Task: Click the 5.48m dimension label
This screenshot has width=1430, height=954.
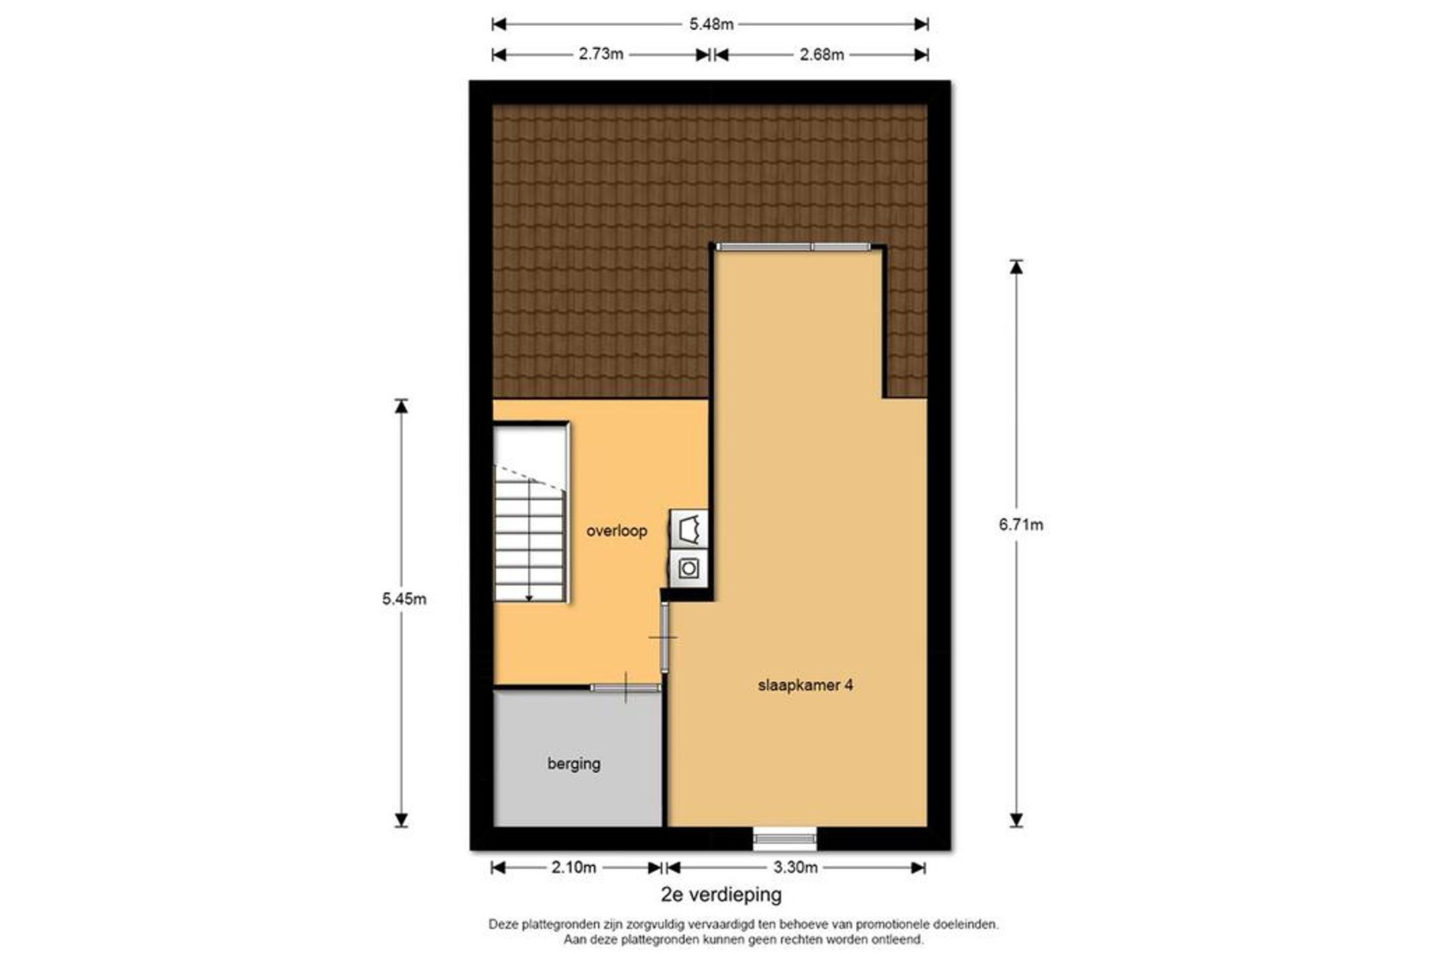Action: click(x=711, y=24)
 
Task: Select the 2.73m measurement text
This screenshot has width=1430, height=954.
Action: click(x=600, y=54)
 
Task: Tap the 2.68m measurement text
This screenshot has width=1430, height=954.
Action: click(x=822, y=54)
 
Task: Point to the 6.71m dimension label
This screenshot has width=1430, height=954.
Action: click(x=1021, y=525)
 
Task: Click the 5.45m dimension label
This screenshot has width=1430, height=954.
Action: click(x=404, y=599)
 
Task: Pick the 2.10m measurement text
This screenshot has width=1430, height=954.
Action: click(x=573, y=867)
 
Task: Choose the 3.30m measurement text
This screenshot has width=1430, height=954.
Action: click(x=795, y=867)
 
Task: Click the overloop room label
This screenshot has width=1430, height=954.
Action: click(x=616, y=531)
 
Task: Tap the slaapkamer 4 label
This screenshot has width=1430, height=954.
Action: click(x=805, y=685)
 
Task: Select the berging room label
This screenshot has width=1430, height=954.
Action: click(x=573, y=764)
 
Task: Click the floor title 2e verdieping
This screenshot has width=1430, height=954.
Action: click(x=721, y=895)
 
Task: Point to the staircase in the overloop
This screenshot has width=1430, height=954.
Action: click(x=530, y=512)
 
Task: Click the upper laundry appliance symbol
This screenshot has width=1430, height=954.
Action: click(x=689, y=529)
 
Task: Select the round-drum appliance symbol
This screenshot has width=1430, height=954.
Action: click(x=689, y=568)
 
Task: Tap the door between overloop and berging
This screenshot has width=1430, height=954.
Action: click(x=626, y=688)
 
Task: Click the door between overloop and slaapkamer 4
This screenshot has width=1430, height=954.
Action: click(x=664, y=638)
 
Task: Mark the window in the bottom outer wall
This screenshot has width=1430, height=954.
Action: click(x=785, y=839)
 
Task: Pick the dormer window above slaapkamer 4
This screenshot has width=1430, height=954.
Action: click(x=793, y=247)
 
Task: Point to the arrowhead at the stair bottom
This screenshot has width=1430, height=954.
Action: click(x=529, y=598)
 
